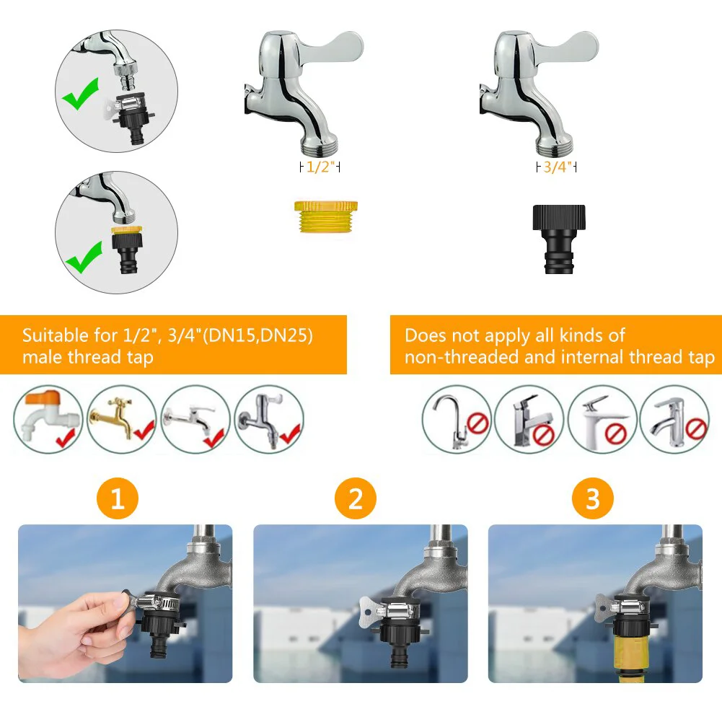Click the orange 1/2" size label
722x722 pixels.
pyautogui.click(x=320, y=167)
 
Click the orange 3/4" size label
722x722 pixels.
pyautogui.click(x=557, y=167)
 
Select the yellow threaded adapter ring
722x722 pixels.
pyautogui.click(x=325, y=216)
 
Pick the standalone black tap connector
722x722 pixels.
pyautogui.click(x=558, y=239)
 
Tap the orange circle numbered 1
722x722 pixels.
pyautogui.click(x=118, y=498)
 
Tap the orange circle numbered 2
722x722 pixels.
pyautogui.click(x=356, y=498)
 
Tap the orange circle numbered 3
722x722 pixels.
pyautogui.click(x=593, y=498)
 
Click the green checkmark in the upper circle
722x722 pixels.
pyautogui.click(x=81, y=94)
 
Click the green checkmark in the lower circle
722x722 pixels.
pyautogui.click(x=84, y=257)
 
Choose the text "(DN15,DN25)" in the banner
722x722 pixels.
pyautogui.click(x=258, y=335)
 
